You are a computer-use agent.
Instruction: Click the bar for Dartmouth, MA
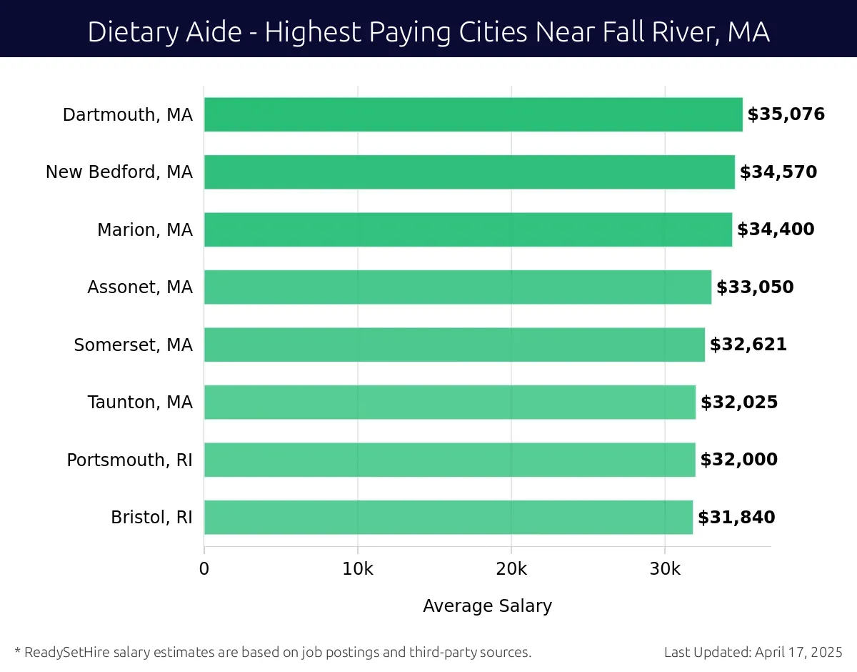click(x=473, y=114)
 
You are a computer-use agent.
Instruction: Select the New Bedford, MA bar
click(x=469, y=172)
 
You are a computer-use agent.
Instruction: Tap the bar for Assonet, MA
click(x=457, y=287)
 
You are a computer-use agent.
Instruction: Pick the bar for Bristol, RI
click(x=448, y=518)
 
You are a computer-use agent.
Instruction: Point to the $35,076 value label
click(x=786, y=114)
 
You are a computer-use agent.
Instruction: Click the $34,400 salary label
click(x=776, y=229)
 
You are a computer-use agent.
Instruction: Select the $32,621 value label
click(x=748, y=345)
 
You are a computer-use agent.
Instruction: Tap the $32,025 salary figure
click(x=739, y=402)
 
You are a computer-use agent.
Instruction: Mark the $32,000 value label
click(x=738, y=460)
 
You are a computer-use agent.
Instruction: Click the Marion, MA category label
click(x=145, y=230)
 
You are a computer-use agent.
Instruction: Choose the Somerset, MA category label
click(x=133, y=345)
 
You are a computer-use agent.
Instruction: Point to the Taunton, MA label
click(x=140, y=402)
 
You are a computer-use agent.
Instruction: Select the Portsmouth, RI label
click(x=129, y=460)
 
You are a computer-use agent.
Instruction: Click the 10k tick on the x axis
click(x=357, y=570)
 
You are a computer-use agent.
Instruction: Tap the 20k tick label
click(x=511, y=570)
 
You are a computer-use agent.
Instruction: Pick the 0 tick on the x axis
click(x=204, y=570)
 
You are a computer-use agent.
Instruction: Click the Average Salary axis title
click(x=487, y=606)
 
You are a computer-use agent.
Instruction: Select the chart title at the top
click(x=428, y=32)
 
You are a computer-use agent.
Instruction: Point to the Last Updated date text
click(x=753, y=652)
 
